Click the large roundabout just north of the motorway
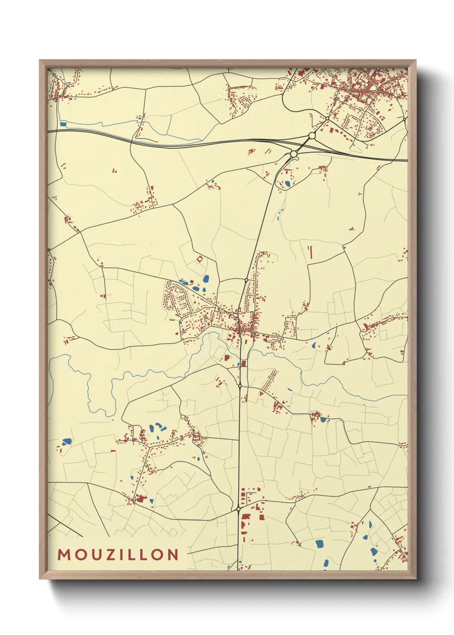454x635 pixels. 312,136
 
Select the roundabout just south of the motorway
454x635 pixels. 294,154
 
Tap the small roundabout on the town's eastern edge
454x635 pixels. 405,118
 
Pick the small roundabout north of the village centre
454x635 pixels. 246,280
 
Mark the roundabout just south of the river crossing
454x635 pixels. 240,386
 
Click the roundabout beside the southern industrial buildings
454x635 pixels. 238,509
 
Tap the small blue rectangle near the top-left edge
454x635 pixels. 64,124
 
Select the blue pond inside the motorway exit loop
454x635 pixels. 287,184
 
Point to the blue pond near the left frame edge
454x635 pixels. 67,441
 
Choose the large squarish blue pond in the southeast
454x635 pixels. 320,544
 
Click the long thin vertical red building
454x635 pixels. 310,253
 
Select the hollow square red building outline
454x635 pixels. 200,259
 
